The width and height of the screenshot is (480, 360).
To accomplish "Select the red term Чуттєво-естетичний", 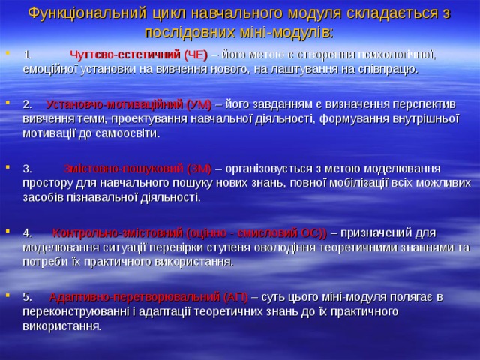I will [x=124, y=54].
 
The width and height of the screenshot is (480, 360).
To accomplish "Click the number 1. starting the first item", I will [x=28, y=54].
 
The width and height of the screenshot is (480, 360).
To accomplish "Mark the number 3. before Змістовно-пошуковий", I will [x=28, y=168].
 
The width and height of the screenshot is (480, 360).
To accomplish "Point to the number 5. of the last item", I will [x=28, y=296].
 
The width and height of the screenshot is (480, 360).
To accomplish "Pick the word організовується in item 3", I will [x=265, y=168].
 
